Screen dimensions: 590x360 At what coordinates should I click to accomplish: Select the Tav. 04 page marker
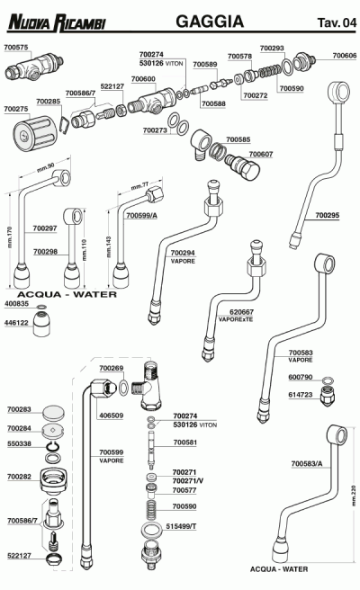(x=335, y=22)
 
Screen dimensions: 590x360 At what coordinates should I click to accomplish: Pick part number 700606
(x=344, y=56)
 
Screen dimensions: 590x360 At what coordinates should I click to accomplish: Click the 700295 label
(x=328, y=216)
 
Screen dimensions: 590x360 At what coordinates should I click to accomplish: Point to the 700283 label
(x=19, y=409)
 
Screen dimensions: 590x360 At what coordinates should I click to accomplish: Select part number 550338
(x=19, y=444)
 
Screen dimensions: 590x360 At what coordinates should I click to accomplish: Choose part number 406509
(x=111, y=416)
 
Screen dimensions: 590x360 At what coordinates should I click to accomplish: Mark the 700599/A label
(x=141, y=216)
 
